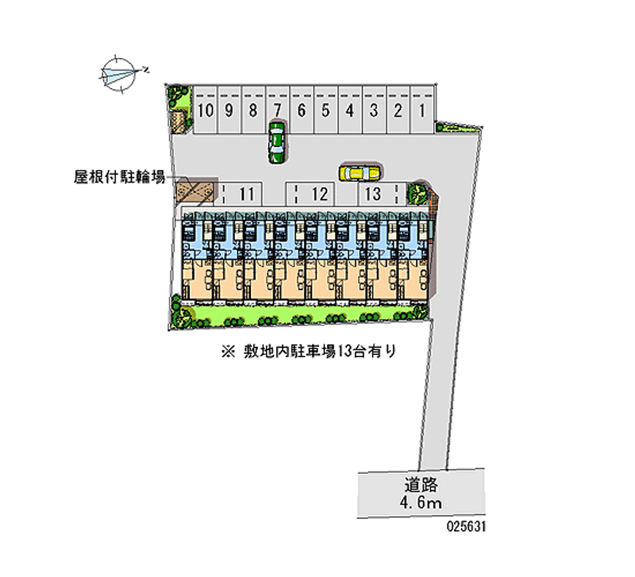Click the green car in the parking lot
(x=277, y=142)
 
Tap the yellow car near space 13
(x=360, y=173)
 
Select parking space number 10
(x=206, y=110)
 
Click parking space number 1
(x=422, y=110)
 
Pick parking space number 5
(x=325, y=110)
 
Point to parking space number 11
(x=242, y=194)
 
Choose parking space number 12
(x=310, y=194)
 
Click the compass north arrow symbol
(x=120, y=73)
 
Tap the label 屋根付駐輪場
(x=119, y=177)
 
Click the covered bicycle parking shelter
(x=194, y=191)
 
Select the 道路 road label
(x=421, y=484)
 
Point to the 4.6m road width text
(x=421, y=503)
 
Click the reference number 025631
(x=466, y=526)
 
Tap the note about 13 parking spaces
(x=308, y=352)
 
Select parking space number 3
(x=374, y=110)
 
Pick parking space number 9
(x=229, y=110)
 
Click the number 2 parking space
(x=398, y=110)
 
